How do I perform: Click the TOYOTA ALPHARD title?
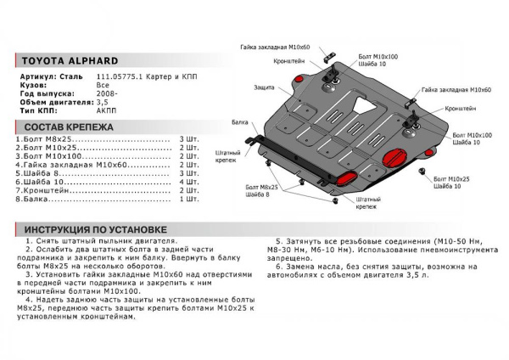[70, 61]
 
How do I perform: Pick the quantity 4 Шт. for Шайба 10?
[187, 182]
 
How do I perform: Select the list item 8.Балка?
[39, 200]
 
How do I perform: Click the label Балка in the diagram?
[239, 123]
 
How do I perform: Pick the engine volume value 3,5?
[101, 102]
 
